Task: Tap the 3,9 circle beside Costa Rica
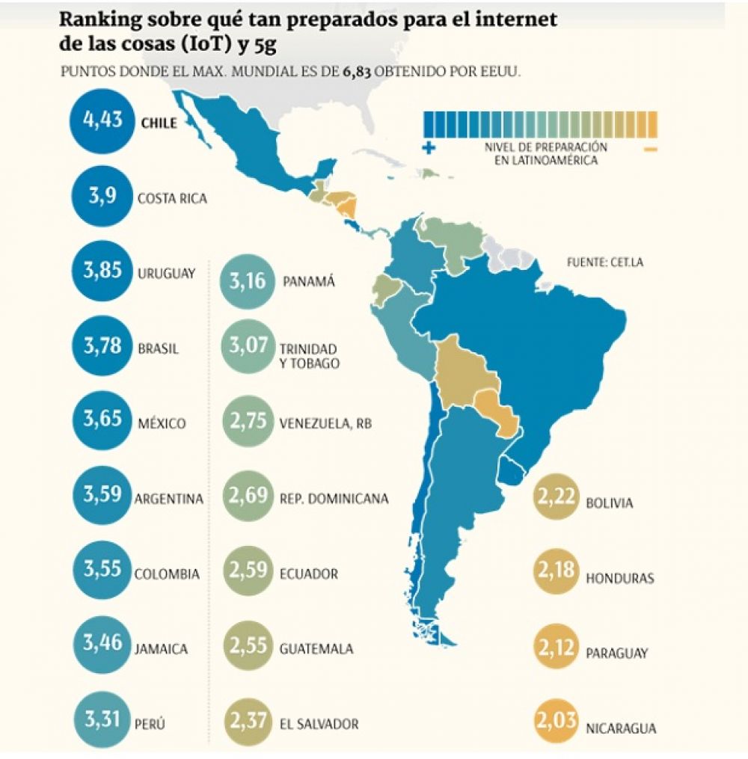click(x=102, y=197)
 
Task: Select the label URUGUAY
click(x=166, y=273)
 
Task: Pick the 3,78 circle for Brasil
click(x=102, y=347)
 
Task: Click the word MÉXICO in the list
click(x=161, y=423)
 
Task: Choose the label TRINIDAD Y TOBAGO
click(x=308, y=356)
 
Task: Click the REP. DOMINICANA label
click(x=334, y=499)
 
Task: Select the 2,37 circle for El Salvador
click(x=247, y=723)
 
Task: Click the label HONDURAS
click(x=619, y=578)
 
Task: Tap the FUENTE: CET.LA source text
click(x=606, y=262)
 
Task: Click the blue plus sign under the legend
click(x=429, y=148)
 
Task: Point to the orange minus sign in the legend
click(x=649, y=150)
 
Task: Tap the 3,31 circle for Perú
click(x=102, y=722)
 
